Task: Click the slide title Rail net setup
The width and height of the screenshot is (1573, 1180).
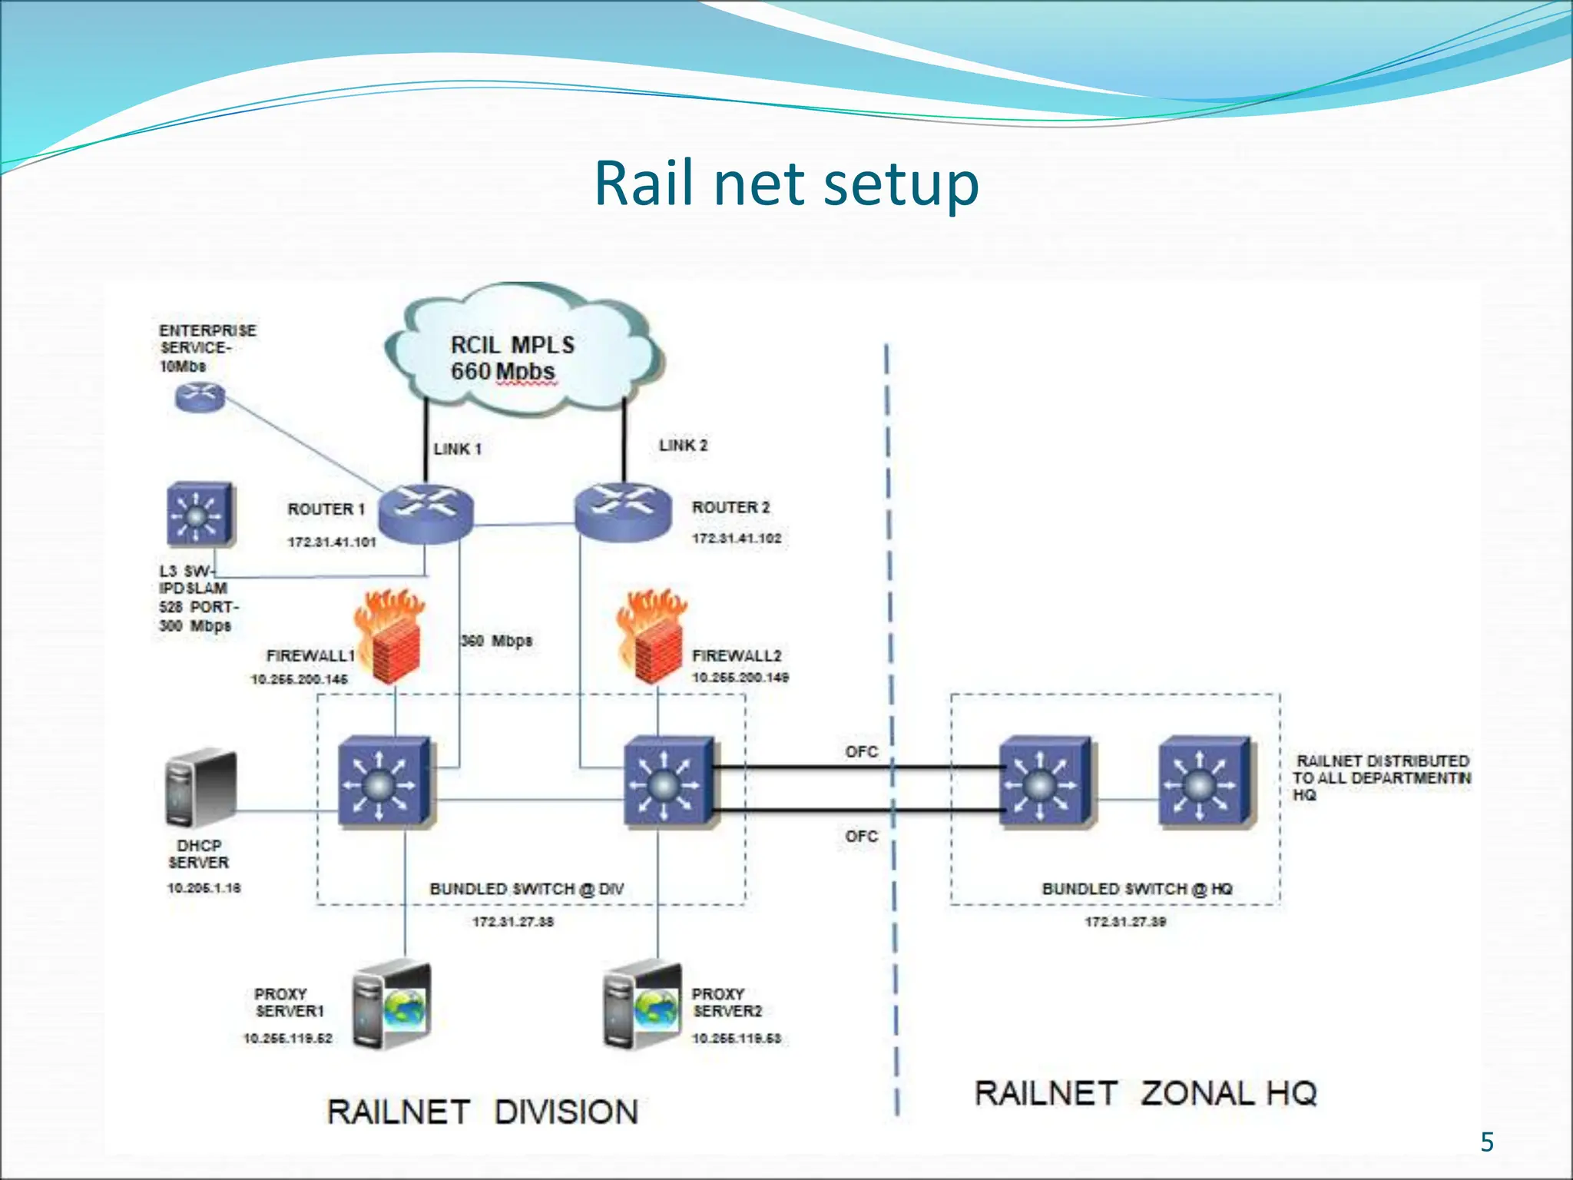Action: click(786, 184)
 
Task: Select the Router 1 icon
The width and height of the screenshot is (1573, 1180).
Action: click(426, 513)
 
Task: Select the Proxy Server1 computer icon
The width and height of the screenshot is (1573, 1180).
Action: click(392, 1006)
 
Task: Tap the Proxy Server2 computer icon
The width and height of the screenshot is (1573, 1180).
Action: click(642, 1006)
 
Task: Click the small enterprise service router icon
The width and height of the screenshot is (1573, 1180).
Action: click(200, 397)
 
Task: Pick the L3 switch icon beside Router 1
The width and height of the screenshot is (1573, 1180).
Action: click(200, 514)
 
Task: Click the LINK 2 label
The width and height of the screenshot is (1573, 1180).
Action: click(683, 446)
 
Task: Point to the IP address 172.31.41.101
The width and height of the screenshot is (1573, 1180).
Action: click(332, 542)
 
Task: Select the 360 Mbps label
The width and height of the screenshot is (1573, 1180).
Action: click(497, 641)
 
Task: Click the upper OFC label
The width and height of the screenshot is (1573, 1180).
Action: click(861, 751)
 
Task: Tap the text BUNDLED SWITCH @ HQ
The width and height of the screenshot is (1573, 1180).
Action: click(1137, 889)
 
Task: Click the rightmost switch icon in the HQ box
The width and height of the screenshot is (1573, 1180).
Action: click(1205, 783)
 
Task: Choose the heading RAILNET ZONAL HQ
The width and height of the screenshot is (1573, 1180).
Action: click(1145, 1093)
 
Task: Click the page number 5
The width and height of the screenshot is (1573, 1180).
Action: click(1487, 1142)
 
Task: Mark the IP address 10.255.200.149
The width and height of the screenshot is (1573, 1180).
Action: click(740, 678)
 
